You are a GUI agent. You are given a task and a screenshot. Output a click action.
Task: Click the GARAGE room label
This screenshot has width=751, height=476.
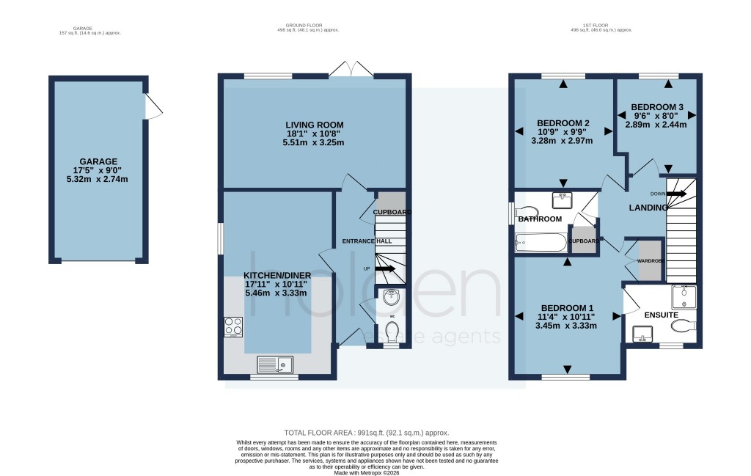tap(99, 161)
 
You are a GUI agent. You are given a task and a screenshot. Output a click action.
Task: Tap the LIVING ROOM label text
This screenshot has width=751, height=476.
tap(315, 125)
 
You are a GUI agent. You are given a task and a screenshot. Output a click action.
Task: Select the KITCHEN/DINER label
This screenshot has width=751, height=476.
tap(278, 276)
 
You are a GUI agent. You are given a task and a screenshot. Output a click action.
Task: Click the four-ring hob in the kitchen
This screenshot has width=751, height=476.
tap(233, 326)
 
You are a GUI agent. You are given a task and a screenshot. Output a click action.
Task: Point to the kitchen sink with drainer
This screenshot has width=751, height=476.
tap(275, 364)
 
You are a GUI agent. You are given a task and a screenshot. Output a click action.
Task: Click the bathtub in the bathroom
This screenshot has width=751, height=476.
tap(541, 243)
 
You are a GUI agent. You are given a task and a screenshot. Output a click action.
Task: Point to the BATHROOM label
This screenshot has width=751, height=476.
tap(541, 219)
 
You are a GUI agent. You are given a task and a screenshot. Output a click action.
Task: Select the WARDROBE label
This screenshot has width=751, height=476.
tap(650, 260)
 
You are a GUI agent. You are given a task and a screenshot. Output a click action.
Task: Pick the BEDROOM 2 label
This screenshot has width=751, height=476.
tap(563, 122)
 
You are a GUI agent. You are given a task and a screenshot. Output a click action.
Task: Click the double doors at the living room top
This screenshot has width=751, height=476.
tap(351, 70)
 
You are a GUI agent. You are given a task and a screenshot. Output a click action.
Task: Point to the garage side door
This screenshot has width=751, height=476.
tap(154, 107)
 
